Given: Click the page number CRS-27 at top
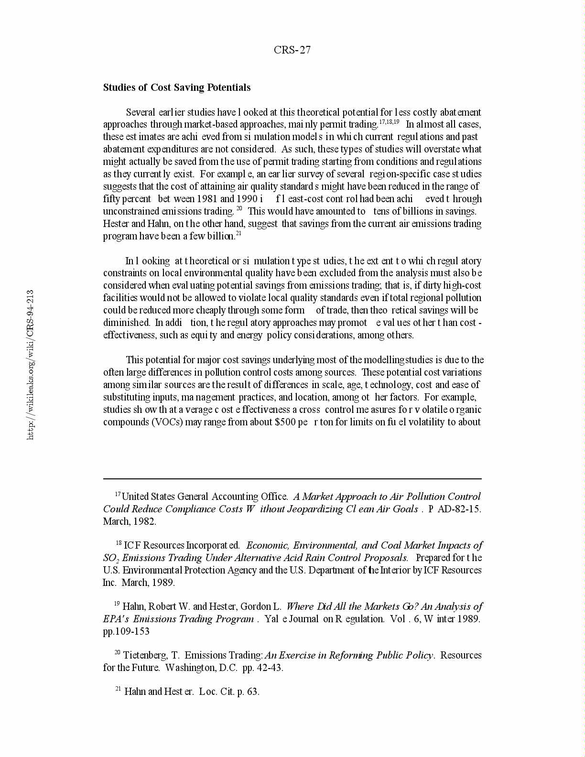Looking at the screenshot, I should click(x=292, y=50).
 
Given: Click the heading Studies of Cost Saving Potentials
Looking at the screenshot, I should click(x=177, y=87).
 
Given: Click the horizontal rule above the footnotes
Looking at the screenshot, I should click(x=292, y=478).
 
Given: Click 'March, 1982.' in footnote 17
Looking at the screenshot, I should click(x=130, y=521).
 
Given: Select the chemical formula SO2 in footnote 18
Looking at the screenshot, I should click(x=108, y=558).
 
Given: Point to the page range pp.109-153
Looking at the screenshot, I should click(x=126, y=631).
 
